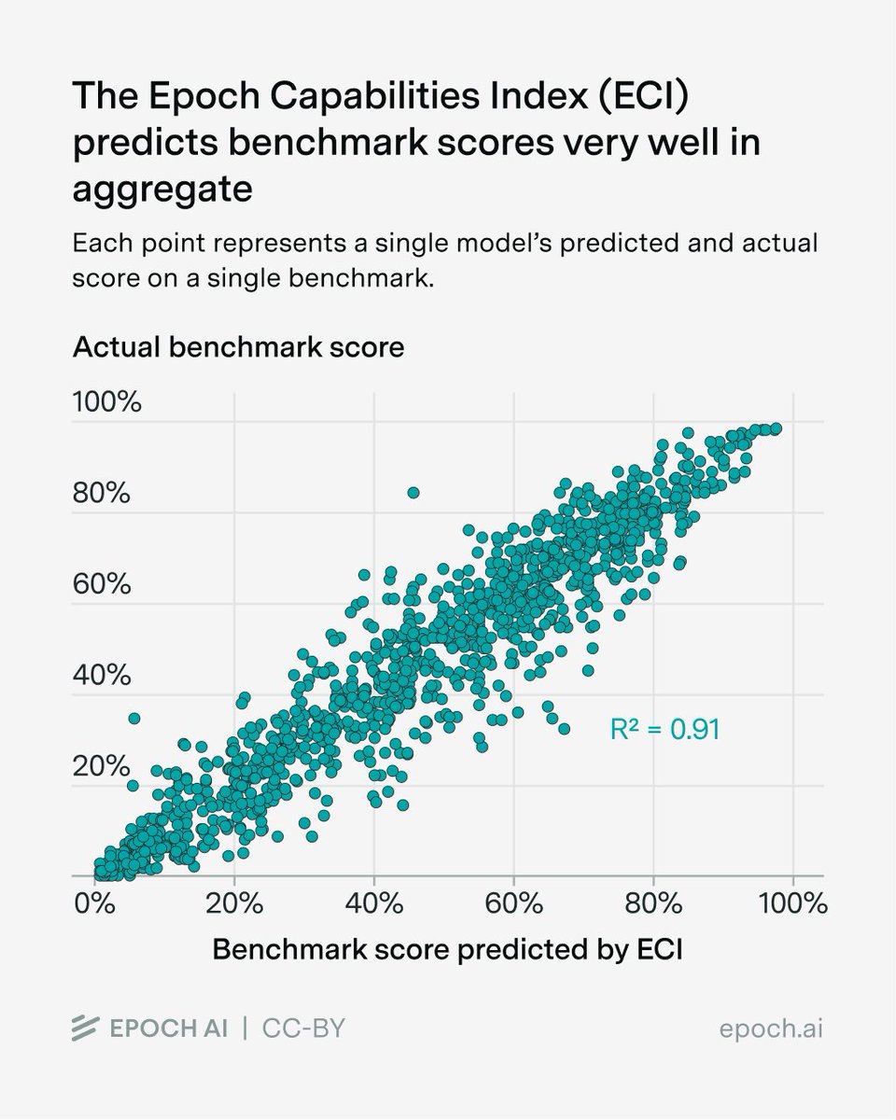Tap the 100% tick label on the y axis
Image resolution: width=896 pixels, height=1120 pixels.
point(106,403)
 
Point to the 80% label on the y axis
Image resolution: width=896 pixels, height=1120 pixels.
point(101,495)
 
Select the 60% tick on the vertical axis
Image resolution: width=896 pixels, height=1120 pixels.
point(101,585)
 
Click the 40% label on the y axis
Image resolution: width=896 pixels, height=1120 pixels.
point(101,677)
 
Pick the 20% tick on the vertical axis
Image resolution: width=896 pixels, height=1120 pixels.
point(101,767)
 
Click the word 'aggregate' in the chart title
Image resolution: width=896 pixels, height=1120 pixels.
point(162,189)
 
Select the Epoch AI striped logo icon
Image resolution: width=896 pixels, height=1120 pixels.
point(87,1028)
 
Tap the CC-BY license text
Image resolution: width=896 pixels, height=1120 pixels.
point(305,1028)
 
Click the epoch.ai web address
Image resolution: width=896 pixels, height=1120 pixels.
point(772,1028)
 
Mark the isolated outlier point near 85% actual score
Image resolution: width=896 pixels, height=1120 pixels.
point(413,492)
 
